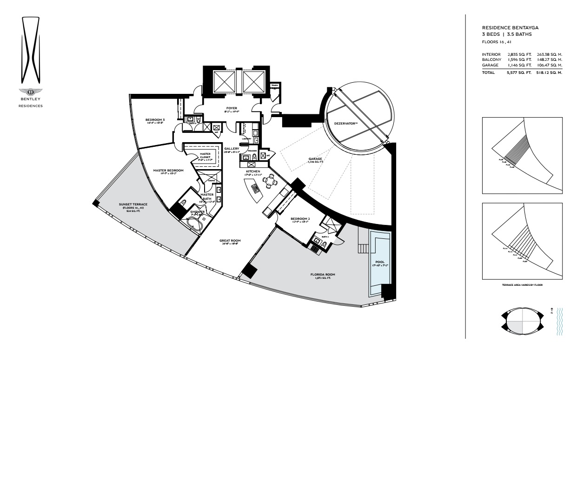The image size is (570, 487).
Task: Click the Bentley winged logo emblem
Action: pos(31,92)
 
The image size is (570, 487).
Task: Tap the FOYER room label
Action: pos(232,108)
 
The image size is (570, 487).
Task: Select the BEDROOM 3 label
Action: pos(155,120)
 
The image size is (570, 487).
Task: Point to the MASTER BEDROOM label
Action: pos(168,171)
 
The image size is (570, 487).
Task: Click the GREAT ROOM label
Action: pos(230,241)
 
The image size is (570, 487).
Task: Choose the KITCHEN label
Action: pos(253,171)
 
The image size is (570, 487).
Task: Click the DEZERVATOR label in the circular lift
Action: pos(345,124)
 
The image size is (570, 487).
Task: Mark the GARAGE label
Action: pos(315,159)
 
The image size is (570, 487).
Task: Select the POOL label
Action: pos(379,262)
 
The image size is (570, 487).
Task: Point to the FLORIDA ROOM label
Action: pos(323,275)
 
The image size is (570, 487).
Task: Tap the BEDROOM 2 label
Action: pos(300,218)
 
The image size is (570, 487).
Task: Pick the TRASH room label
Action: pos(274,86)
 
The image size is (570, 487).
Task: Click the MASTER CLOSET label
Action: pos(205,155)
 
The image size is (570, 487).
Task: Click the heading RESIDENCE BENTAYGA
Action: pos(510,28)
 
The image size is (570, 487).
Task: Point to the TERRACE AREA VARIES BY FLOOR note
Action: pos(522,285)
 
